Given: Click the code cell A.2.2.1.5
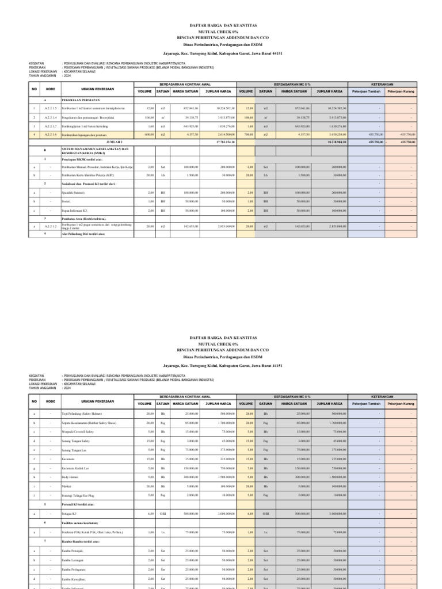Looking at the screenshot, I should click(51, 108).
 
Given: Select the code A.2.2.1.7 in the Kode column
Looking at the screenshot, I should click(51, 125).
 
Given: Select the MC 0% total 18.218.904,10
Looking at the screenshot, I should click(337, 141).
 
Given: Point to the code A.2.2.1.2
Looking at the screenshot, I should click(51, 227).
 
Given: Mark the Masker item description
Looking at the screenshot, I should click(67, 486).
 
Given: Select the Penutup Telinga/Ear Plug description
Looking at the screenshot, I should click(79, 495).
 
